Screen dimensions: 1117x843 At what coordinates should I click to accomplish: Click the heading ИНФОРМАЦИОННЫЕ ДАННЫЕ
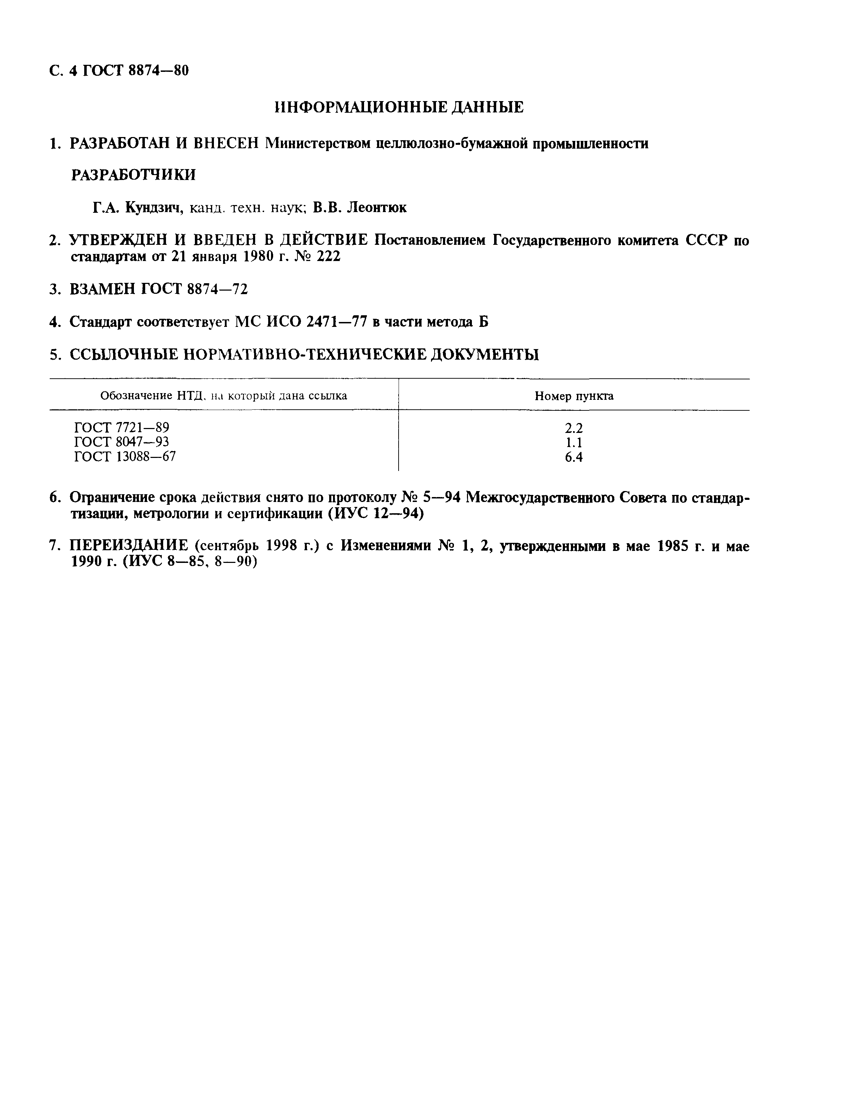coord(399,107)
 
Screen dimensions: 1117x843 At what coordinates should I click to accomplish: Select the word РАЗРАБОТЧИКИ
coord(133,175)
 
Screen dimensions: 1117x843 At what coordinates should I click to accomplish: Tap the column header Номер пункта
coord(574,396)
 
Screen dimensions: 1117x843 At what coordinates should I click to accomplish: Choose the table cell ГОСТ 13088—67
coord(125,457)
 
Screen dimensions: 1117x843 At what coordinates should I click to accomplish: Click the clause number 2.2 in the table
coord(574,428)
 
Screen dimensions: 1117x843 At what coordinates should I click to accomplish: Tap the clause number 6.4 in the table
coord(574,458)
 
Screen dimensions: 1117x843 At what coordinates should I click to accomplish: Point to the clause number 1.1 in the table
coord(574,443)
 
